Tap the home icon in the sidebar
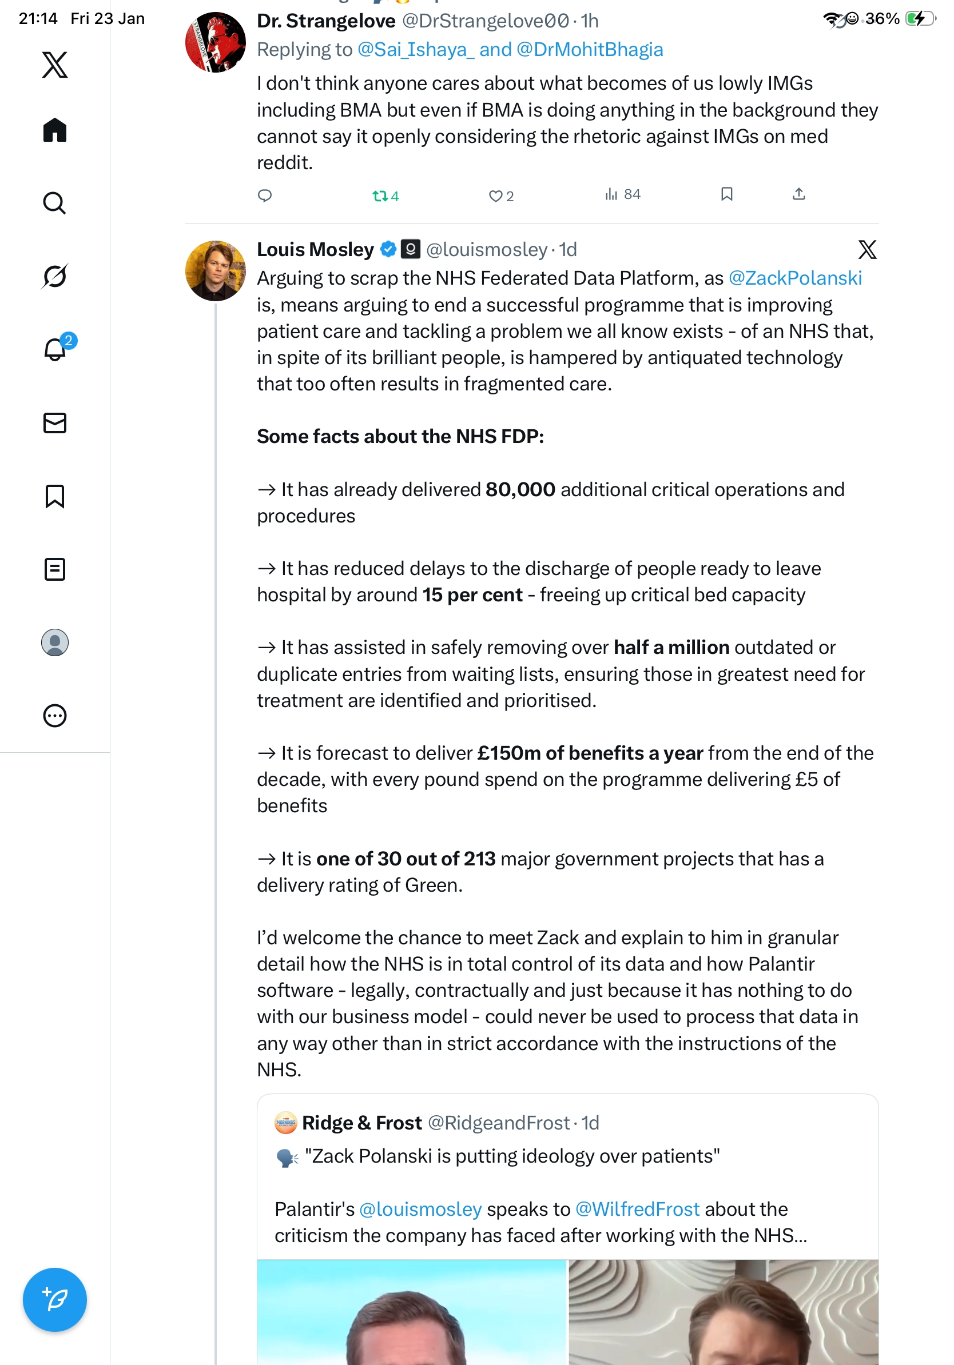coord(55,130)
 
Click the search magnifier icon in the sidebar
coord(55,203)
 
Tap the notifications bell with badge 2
coord(55,349)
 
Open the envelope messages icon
coord(55,422)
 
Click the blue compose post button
coord(55,1300)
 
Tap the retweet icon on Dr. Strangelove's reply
coord(379,195)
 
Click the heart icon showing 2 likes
coord(495,195)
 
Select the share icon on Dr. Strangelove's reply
coord(799,194)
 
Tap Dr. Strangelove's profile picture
coord(215,42)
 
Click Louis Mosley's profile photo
coord(215,270)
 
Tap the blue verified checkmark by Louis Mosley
coord(388,249)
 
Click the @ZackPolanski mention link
coord(794,278)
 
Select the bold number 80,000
coord(520,489)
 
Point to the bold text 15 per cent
coord(472,594)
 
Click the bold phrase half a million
coord(671,647)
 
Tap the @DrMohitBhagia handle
coord(590,49)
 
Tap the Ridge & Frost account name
coord(361,1123)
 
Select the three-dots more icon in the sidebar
coord(55,716)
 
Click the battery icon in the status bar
coord(919,18)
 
